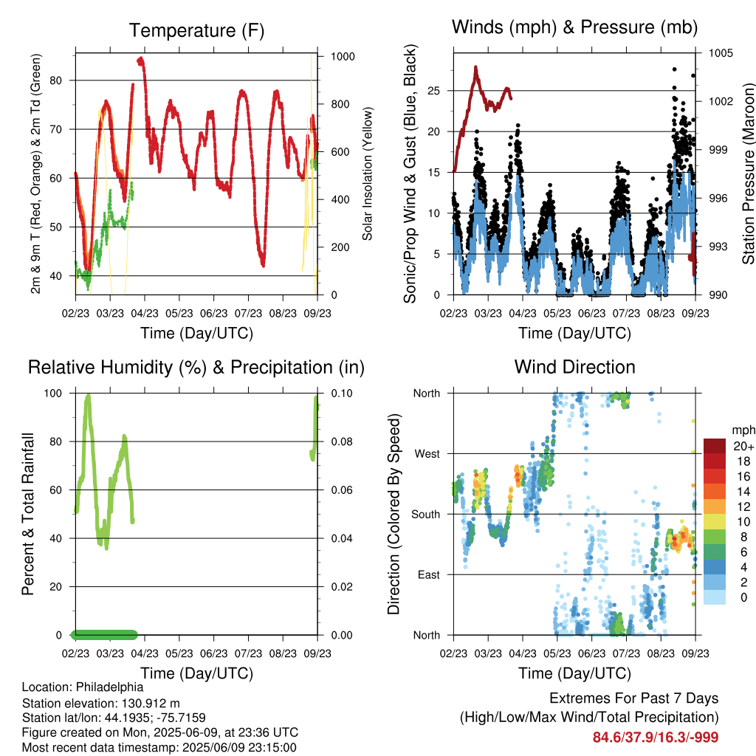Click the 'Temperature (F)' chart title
point(196,30)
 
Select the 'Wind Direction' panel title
point(574,367)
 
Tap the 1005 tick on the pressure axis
point(721,53)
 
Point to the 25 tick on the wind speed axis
point(433,91)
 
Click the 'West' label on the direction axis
point(427,454)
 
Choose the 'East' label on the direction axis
point(429,574)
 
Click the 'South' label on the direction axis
point(426,515)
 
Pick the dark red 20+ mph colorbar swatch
point(714,446)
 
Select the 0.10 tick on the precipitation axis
point(342,394)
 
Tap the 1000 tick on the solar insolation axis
point(343,56)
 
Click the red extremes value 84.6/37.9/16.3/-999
point(656,738)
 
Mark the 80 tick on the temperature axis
point(56,80)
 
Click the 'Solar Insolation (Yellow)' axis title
point(368,174)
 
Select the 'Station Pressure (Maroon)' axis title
point(749,173)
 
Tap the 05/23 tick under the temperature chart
point(179,313)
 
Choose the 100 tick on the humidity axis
point(53,394)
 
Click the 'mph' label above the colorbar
point(743,430)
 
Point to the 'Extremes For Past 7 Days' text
point(634,698)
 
